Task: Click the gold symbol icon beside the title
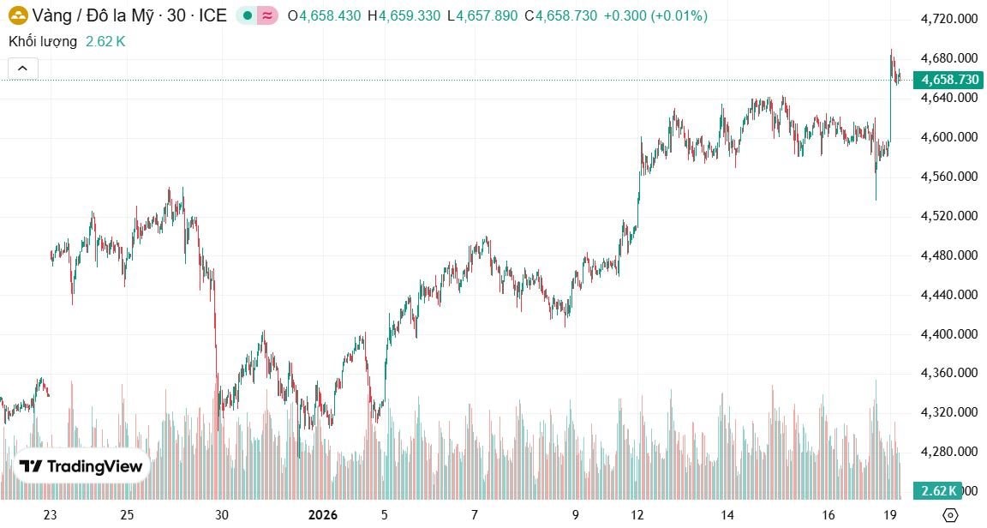[18, 15]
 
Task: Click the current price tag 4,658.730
[948, 80]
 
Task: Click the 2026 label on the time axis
[322, 515]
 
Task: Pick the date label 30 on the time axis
[222, 515]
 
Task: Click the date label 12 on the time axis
[637, 515]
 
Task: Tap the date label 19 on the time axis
[890, 515]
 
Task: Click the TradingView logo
[82, 466]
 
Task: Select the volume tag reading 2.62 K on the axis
[936, 491]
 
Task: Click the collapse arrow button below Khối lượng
[23, 69]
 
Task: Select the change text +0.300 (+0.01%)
[655, 16]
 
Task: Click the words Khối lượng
[43, 41]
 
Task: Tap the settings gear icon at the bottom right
[949, 515]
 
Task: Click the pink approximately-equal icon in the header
[267, 16]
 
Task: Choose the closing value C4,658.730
[560, 16]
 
